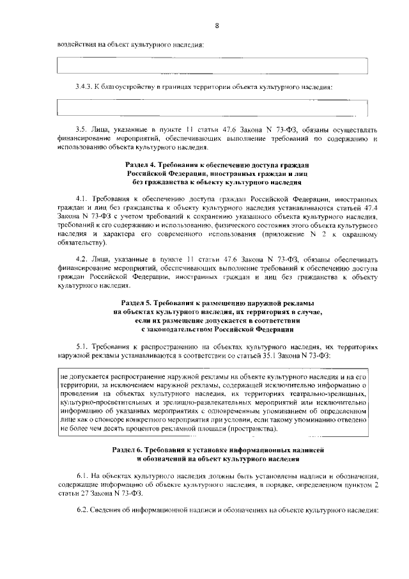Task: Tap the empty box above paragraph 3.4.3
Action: pyautogui.click(x=213, y=66)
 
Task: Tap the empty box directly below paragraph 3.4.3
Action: pyautogui.click(x=213, y=107)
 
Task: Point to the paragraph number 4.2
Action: pyautogui.click(x=81, y=260)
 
